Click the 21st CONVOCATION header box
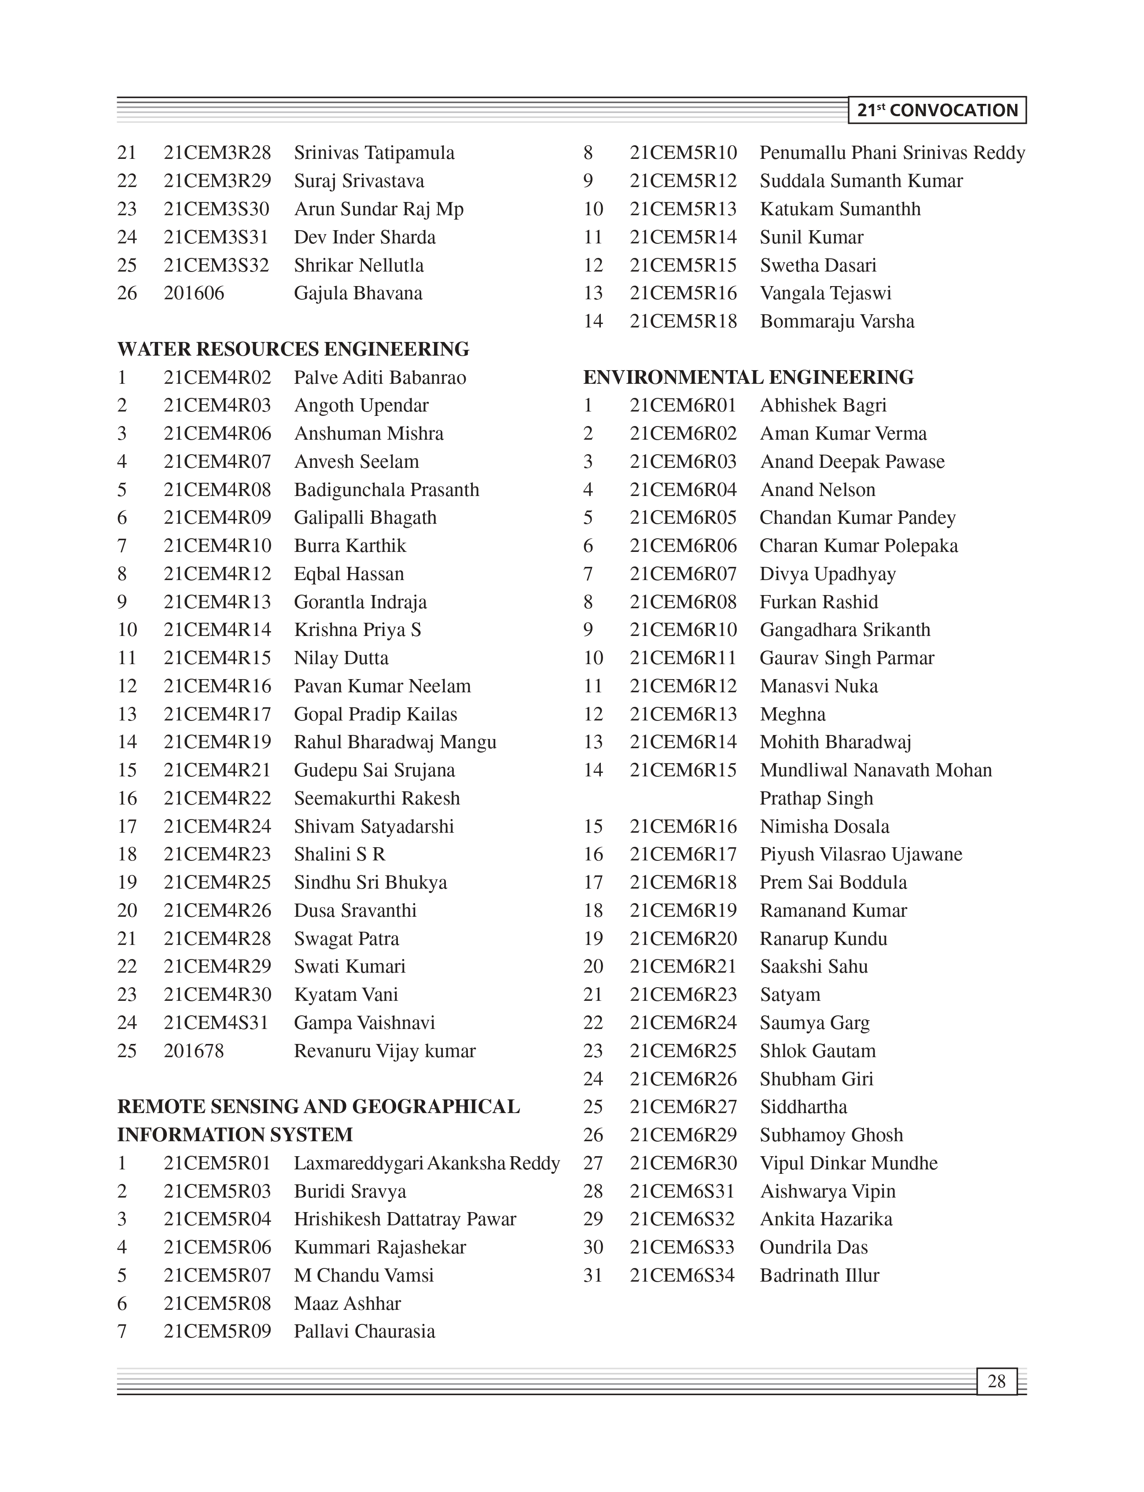[937, 110]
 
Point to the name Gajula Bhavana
[358, 294]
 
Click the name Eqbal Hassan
[349, 574]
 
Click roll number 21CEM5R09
[217, 1331]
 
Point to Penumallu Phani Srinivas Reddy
[892, 153]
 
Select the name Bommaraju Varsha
[837, 321]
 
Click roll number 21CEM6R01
[683, 406]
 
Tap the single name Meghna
[793, 714]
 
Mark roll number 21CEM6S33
[682, 1248]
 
